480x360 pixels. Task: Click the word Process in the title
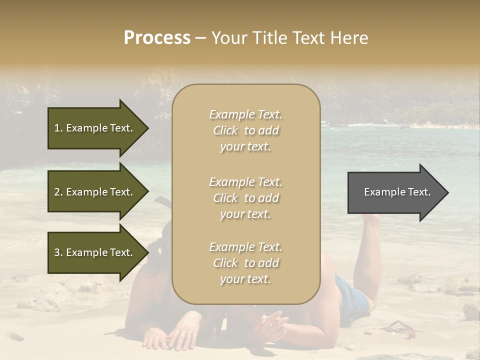(157, 38)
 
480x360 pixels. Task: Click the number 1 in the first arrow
(57, 128)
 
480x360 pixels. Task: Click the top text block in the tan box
(245, 130)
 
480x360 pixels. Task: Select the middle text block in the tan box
(245, 198)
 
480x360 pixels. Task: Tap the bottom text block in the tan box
(245, 263)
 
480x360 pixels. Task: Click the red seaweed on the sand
(395, 327)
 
